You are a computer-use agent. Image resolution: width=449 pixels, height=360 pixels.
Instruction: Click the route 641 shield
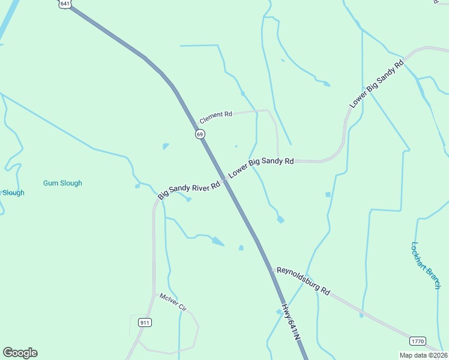click(64, 3)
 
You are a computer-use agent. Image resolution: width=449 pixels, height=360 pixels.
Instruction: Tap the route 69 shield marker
click(200, 134)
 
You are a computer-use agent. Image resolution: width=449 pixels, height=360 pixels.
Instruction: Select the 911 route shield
click(145, 322)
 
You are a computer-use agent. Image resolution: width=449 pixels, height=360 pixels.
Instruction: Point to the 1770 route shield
click(418, 341)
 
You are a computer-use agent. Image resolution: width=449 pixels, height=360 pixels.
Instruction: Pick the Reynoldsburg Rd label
click(304, 281)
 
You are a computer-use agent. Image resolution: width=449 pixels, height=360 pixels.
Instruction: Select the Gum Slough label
click(62, 183)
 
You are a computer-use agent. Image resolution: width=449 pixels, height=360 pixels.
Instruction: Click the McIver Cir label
click(173, 302)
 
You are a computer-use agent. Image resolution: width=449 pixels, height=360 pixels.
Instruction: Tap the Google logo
click(20, 353)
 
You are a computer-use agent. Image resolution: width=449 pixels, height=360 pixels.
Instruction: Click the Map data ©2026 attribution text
click(423, 355)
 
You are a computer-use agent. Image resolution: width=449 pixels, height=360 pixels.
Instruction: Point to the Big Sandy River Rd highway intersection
click(225, 179)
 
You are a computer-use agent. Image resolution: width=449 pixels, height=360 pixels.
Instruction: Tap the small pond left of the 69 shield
click(165, 146)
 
